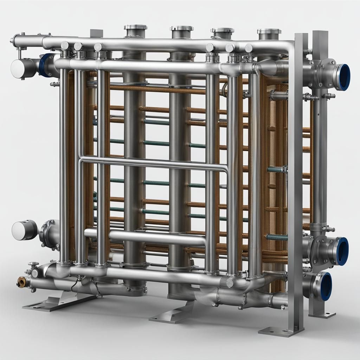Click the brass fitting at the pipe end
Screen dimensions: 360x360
pos(21,282)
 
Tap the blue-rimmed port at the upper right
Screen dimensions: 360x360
pos(343,77)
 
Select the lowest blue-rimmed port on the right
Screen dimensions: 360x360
pos(325,286)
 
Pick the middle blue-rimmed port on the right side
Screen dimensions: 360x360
pos(342,251)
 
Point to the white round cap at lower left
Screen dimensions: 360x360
pos(19,231)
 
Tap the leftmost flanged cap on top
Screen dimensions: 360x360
pos(135,27)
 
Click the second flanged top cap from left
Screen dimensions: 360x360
pos(181,28)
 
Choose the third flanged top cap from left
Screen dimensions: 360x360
pos(223,31)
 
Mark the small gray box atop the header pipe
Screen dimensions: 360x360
pos(96,33)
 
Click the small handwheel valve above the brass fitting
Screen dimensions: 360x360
pos(33,264)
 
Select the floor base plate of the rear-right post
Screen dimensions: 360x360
pos(322,314)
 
